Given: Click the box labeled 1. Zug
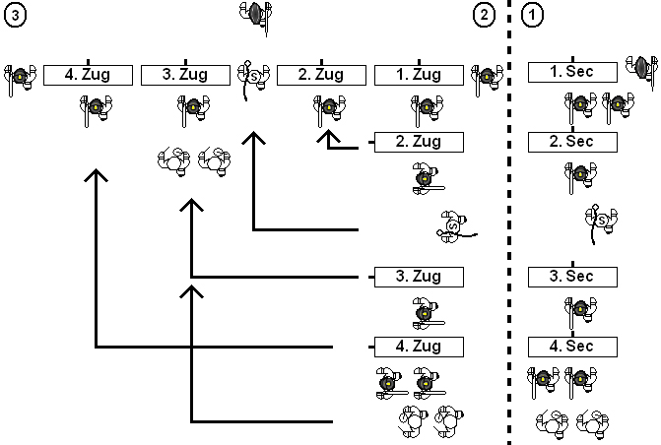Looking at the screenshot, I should pos(419,75).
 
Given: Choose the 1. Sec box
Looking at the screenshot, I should pos(572,72).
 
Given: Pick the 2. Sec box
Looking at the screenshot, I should pos(572,142).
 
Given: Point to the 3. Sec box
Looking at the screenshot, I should pos(572,276).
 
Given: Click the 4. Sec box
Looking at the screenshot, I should pos(572,346).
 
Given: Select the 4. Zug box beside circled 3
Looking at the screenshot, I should pos(88,75).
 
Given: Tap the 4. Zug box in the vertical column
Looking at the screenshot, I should pos(419,346).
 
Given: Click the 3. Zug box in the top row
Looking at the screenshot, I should pos(185,75).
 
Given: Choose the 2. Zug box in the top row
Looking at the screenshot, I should pos(321,75).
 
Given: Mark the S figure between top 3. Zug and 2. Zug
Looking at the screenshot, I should pos(251,76).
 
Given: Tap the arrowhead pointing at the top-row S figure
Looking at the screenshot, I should pos(254,141).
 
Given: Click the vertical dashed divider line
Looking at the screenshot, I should pos(508,222).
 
